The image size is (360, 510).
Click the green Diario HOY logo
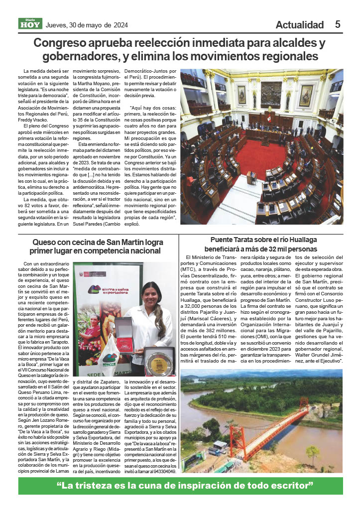[x=30, y=23]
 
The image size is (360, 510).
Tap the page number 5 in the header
[x=338, y=24]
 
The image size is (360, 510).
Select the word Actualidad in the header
[x=299, y=25]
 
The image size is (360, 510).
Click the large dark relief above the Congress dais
[x=270, y=94]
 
